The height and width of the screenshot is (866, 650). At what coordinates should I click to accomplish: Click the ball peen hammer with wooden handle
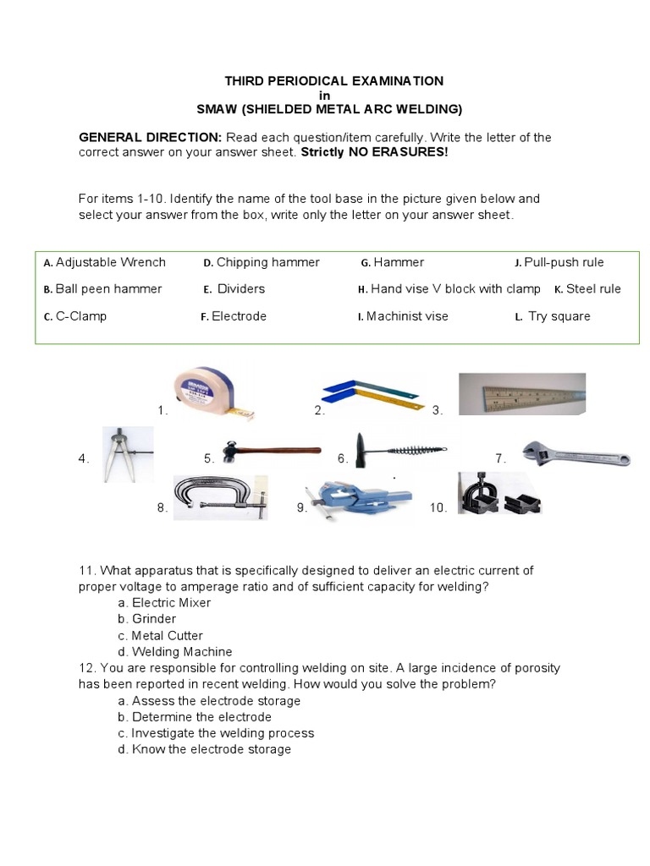[x=270, y=452]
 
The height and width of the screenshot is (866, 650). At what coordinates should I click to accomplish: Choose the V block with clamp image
[x=498, y=496]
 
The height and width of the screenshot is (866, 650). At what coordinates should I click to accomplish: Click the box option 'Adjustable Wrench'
[x=110, y=262]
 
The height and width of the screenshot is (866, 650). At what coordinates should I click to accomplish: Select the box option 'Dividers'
[x=240, y=288]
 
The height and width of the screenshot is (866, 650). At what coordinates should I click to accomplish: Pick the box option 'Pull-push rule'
[x=564, y=262]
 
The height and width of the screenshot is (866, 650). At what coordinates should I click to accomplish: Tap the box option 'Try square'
[x=559, y=316]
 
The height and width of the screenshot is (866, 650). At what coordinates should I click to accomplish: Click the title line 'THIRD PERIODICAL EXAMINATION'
[x=333, y=81]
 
